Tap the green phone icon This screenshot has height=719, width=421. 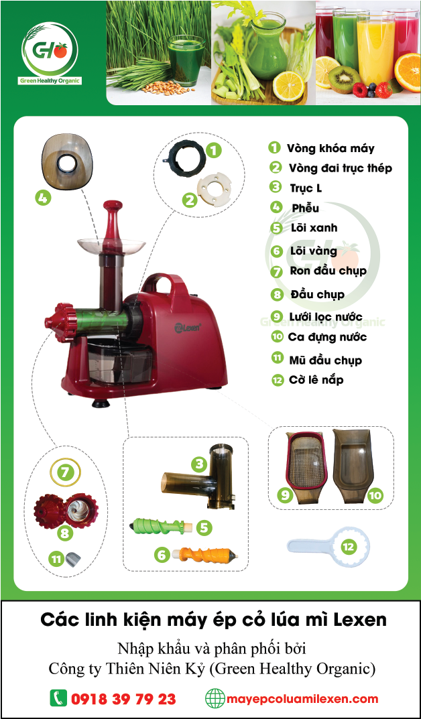click(x=58, y=699)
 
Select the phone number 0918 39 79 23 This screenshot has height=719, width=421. click(x=123, y=700)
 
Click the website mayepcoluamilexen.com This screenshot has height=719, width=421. click(x=303, y=699)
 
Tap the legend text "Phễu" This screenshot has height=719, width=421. click(x=305, y=208)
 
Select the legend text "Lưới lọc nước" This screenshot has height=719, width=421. click(x=326, y=317)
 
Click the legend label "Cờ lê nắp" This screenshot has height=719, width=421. click(x=316, y=380)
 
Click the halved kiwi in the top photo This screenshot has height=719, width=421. click(x=345, y=80)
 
